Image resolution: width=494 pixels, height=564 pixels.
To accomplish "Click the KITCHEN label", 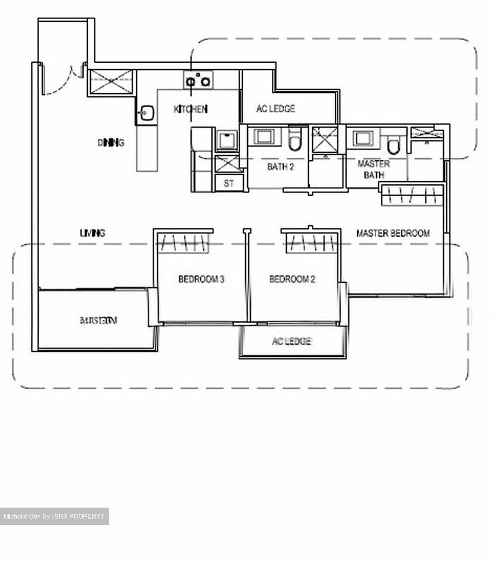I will point(190,109).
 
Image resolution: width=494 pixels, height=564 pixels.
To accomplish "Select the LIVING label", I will point(92,233).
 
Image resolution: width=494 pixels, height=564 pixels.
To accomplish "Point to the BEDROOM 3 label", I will point(201,279).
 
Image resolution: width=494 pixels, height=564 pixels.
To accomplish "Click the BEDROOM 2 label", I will point(292,279).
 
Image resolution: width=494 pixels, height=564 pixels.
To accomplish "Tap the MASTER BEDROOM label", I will point(393,233).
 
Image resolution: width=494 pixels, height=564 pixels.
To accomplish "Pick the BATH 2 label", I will point(280,167).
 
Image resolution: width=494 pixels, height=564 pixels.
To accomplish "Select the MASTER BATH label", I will point(374,169).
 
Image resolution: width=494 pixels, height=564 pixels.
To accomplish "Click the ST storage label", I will point(229,183).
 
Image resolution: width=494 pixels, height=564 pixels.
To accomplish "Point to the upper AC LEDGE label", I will point(275,108).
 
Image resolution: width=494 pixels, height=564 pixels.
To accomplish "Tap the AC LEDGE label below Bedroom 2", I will point(291,342).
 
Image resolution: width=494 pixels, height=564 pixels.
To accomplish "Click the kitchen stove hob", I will point(198,80).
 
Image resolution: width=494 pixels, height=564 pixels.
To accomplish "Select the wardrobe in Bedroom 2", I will point(311,243).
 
